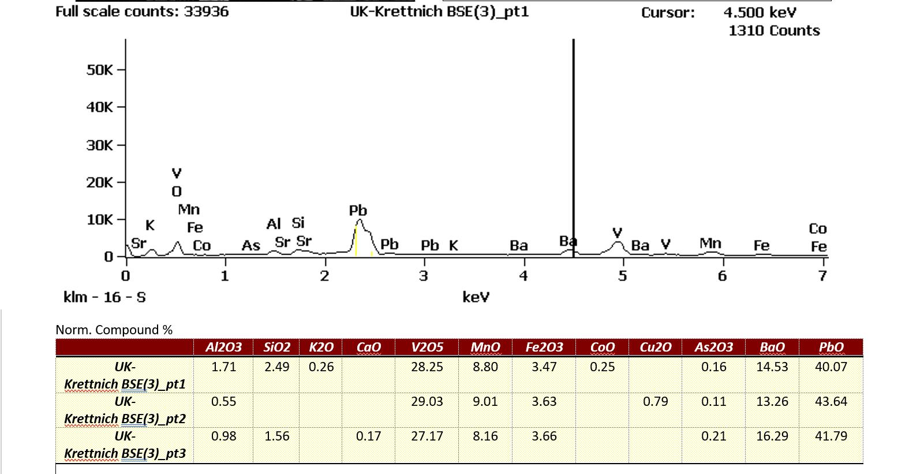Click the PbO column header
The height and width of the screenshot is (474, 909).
(x=831, y=347)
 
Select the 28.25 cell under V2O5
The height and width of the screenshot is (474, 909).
(x=427, y=367)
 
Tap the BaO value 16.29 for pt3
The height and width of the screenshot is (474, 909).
(x=772, y=436)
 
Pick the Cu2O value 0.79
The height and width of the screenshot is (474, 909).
(x=655, y=401)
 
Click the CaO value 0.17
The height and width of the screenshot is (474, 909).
(x=368, y=436)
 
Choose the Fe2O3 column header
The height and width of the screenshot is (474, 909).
(x=544, y=347)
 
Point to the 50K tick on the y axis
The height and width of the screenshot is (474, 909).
(x=100, y=70)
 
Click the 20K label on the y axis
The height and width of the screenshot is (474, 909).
(x=100, y=182)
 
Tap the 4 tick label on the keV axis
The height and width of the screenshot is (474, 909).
(x=523, y=276)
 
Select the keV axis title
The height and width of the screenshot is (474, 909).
(x=476, y=297)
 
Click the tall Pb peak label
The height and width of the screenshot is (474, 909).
(x=358, y=210)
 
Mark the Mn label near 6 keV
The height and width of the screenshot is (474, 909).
(x=710, y=243)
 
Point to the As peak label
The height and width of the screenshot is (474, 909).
(x=250, y=245)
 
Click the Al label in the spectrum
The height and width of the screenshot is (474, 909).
(x=274, y=223)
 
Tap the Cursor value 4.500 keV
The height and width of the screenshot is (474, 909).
(x=760, y=13)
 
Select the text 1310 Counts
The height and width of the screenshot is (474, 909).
(x=773, y=31)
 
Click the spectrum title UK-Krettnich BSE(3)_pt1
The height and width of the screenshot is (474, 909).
(x=439, y=12)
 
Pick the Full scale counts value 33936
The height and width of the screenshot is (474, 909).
(x=206, y=12)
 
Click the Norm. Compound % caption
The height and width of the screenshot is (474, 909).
(x=114, y=330)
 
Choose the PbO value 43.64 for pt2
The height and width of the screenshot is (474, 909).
(x=831, y=401)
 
